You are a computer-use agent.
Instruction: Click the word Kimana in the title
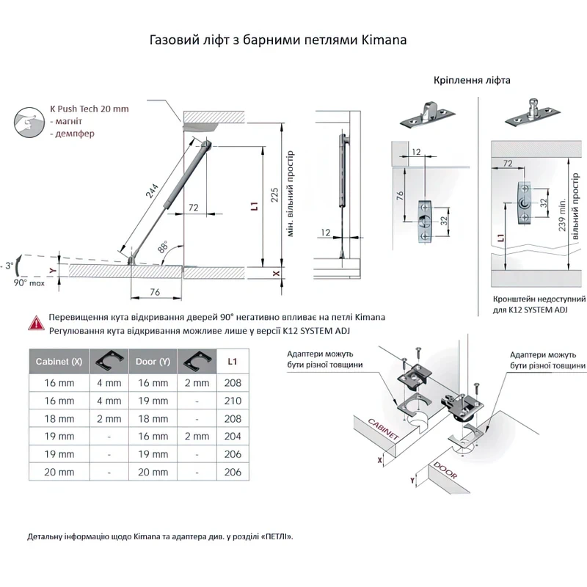click(x=384, y=40)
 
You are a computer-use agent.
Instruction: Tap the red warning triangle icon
click(x=36, y=324)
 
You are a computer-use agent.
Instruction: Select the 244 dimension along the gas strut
click(x=153, y=191)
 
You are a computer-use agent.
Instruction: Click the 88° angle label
click(x=163, y=247)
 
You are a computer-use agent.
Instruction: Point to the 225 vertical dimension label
click(x=274, y=195)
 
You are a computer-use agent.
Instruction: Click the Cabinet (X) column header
click(x=59, y=362)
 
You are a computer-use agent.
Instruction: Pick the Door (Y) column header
click(x=153, y=362)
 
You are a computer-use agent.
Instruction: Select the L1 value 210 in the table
click(x=233, y=401)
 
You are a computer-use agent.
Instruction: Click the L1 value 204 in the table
click(x=233, y=436)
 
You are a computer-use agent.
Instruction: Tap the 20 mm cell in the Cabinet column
click(x=59, y=472)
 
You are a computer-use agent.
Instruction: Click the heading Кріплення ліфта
click(x=472, y=80)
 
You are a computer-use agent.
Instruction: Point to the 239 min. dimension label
click(x=562, y=215)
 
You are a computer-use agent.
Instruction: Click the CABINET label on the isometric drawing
click(x=383, y=429)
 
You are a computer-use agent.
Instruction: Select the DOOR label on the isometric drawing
click(x=445, y=470)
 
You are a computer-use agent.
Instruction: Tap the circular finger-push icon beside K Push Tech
click(x=29, y=122)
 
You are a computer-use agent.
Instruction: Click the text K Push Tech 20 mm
click(x=90, y=109)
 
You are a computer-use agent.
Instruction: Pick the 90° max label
click(x=29, y=283)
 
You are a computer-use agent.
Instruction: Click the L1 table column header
click(x=233, y=362)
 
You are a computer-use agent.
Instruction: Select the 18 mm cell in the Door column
click(x=153, y=418)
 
